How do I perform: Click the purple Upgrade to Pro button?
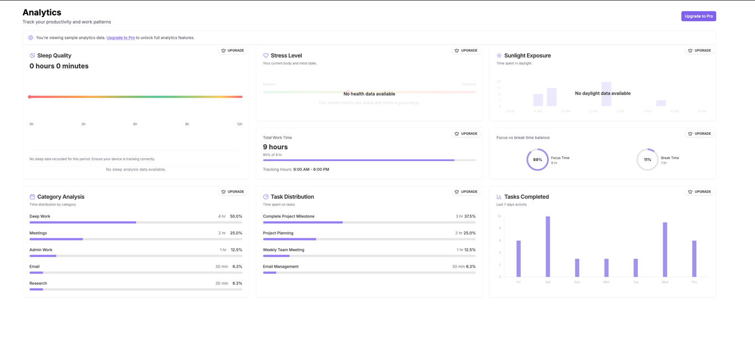coord(698,16)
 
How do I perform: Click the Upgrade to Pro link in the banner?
coord(120,38)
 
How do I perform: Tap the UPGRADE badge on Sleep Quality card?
coord(233,50)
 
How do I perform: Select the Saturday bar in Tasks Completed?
coord(548,246)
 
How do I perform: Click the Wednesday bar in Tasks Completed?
coord(664,249)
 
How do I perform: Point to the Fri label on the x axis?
coord(518,282)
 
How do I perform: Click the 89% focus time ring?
coord(537,160)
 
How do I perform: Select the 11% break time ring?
coord(647,160)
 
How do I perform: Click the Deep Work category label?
coord(40,216)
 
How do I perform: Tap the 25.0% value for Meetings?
coord(236,233)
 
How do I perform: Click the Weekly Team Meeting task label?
coord(284,249)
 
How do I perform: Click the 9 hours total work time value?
coord(275,147)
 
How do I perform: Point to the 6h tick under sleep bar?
coord(135,124)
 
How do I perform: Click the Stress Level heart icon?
coord(266,55)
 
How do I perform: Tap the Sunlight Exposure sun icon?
coord(499,55)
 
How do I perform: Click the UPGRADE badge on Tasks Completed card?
coord(699,192)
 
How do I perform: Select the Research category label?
coord(38,283)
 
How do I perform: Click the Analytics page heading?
coord(42,12)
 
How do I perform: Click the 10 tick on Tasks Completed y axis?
coord(499,216)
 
